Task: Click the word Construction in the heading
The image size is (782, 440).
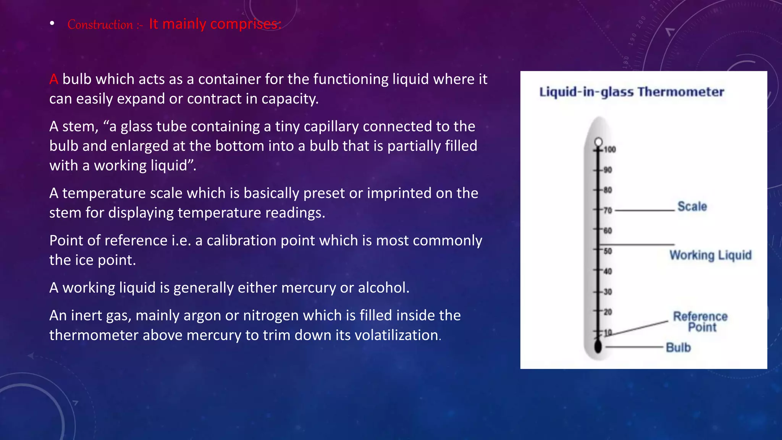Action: [100, 25]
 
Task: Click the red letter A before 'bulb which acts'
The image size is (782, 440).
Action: [53, 79]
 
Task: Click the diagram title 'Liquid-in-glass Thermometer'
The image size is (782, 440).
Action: [632, 92]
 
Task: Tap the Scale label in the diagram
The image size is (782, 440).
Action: [692, 207]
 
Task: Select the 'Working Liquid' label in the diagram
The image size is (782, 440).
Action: [710, 255]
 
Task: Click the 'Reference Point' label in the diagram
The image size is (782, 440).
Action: [700, 322]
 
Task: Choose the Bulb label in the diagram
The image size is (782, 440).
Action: [678, 348]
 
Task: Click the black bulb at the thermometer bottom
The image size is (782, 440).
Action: [598, 346]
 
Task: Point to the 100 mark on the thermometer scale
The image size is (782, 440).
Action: [610, 149]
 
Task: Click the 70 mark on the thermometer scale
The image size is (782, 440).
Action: [608, 210]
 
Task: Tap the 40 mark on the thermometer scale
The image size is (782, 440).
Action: [608, 272]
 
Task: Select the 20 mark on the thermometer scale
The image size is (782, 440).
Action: [608, 312]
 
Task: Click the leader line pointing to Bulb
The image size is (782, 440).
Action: [634, 347]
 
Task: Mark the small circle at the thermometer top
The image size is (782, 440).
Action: [598, 142]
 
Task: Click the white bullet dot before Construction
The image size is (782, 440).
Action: [52, 24]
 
